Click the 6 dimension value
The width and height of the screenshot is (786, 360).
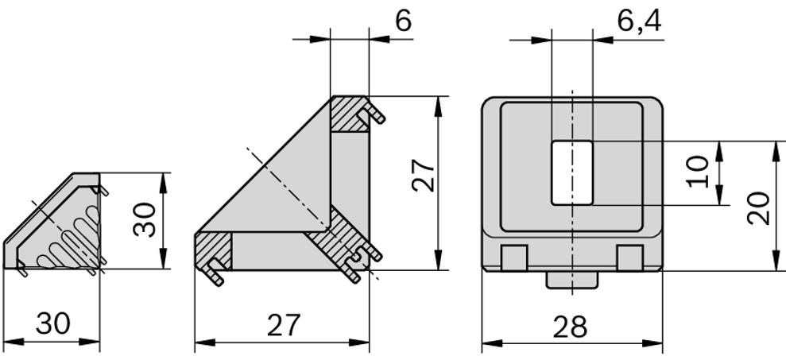[x=403, y=21]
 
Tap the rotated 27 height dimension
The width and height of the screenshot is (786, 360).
[x=423, y=176]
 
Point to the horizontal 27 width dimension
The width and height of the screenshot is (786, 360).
[x=282, y=325]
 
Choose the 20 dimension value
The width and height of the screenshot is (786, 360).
[x=758, y=208]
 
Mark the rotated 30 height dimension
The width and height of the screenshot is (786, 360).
[x=144, y=219]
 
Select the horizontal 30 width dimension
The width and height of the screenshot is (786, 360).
[x=52, y=324]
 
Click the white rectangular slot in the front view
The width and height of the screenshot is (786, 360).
[x=571, y=172]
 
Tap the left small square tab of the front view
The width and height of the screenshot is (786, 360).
[x=515, y=257]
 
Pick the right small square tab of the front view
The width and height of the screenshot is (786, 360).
[x=629, y=257]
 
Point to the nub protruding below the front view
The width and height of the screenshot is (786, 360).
[x=571, y=279]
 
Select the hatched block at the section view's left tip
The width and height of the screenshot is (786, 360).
[x=213, y=250]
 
